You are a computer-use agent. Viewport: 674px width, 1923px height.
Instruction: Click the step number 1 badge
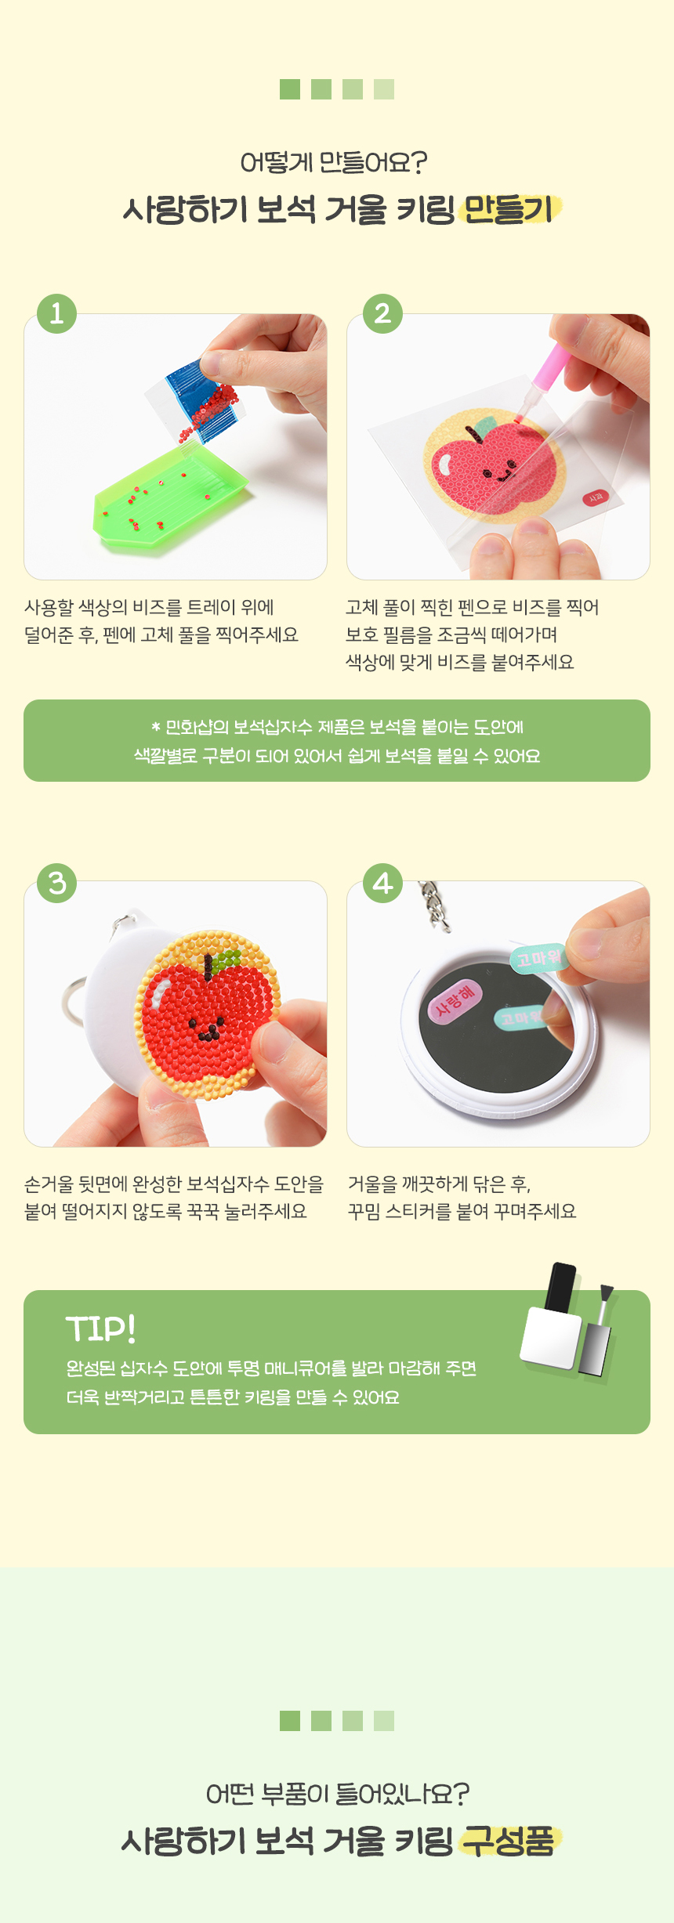pos(56,313)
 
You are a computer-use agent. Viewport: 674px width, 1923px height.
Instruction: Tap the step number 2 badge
pos(382,313)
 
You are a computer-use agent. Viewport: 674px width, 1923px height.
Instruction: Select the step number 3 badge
pos(56,883)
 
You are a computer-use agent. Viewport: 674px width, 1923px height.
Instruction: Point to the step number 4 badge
pos(382,883)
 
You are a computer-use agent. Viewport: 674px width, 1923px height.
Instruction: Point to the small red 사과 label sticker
pos(596,497)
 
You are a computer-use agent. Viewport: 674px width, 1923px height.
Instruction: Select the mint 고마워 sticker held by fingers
pos(538,957)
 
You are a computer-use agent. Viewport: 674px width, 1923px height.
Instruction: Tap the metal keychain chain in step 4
pos(433,905)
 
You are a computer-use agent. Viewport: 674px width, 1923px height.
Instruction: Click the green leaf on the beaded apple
pos(226,960)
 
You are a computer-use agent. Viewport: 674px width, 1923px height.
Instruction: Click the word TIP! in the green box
pos(100,1329)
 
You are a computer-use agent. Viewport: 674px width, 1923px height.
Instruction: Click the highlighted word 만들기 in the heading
pos(509,210)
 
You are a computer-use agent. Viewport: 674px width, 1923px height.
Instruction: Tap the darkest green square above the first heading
pos(290,89)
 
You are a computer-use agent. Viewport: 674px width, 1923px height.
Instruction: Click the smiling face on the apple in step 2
pos(498,473)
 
